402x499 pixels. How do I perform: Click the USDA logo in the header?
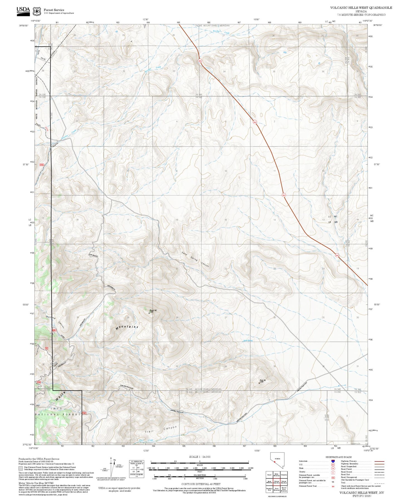pos(23,10)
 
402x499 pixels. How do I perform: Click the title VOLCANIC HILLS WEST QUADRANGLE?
pos(361,8)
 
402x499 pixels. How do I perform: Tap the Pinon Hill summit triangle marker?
pos(149,313)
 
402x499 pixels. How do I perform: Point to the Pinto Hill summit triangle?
pos(259,383)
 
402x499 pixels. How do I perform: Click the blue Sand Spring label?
pos(248,340)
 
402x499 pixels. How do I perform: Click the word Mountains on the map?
pos(127,327)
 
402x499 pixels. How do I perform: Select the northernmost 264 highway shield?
pos(200,60)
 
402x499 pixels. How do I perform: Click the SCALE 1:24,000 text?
pos(199,457)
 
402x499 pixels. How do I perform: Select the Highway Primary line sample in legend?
pos(379,461)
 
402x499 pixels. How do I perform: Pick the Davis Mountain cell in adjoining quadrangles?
pos(276,489)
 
